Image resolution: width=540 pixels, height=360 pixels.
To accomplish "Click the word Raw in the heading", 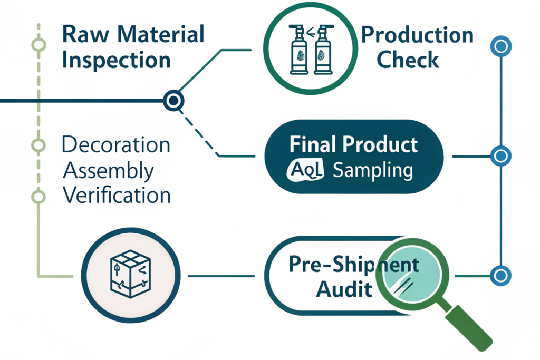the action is tap(86, 34).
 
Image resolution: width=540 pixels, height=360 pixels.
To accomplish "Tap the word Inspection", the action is tap(117, 61).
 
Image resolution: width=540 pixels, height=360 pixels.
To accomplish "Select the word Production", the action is tap(418, 35).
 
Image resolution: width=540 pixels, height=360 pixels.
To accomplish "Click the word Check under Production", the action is tap(408, 60).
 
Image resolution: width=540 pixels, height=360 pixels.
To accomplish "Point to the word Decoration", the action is tap(116, 144).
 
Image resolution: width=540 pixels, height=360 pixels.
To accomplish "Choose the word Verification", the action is tap(117, 195).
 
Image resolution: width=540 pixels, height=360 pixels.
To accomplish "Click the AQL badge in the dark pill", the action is tap(305, 170).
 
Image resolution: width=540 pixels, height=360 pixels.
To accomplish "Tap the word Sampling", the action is tap(373, 170).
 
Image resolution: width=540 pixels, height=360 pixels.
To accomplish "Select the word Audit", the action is tap(344, 289).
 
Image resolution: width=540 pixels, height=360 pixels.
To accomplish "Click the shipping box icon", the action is tap(130, 274).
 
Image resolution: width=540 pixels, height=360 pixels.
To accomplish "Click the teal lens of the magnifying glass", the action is tap(412, 274).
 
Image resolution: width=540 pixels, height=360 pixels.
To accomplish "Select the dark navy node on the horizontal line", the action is tap(173, 101).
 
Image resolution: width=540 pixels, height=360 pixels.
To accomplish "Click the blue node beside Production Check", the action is tap(501, 46).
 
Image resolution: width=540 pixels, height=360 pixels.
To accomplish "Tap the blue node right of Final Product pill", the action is tap(501, 156).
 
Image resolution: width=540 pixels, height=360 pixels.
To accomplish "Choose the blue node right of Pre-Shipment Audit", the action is tap(501, 275).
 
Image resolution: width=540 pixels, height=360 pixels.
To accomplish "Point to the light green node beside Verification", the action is tap(38, 197).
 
